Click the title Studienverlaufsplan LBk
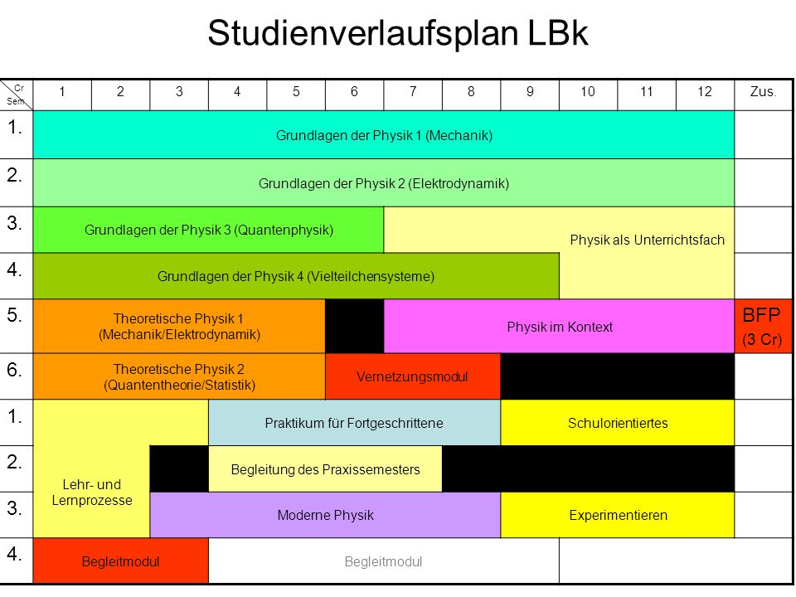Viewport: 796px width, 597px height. point(397,33)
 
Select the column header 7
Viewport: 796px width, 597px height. point(413,92)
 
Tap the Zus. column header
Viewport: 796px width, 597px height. point(763,92)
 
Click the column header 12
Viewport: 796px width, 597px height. point(705,92)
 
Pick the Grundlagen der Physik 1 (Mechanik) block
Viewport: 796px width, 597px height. point(384,135)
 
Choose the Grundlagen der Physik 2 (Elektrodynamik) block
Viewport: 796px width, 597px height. point(384,182)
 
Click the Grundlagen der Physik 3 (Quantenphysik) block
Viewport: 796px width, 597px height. point(209,230)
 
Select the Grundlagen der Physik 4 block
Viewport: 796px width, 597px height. point(296,276)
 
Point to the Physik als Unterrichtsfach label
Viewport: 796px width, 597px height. point(648,240)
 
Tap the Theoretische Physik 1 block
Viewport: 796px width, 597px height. point(179,326)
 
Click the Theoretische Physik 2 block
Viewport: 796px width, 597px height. point(179,376)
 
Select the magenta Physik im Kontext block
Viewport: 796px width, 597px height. point(559,326)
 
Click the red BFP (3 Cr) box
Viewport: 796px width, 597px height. point(763,326)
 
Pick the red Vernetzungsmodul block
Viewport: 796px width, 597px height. point(413,376)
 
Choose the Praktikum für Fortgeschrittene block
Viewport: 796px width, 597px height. point(354,423)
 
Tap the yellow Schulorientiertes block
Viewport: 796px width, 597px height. point(617,423)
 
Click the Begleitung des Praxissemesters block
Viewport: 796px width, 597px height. point(325,469)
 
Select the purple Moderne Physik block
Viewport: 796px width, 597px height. point(325,515)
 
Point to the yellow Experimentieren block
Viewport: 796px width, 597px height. point(617,515)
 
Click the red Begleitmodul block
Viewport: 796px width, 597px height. point(121,561)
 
